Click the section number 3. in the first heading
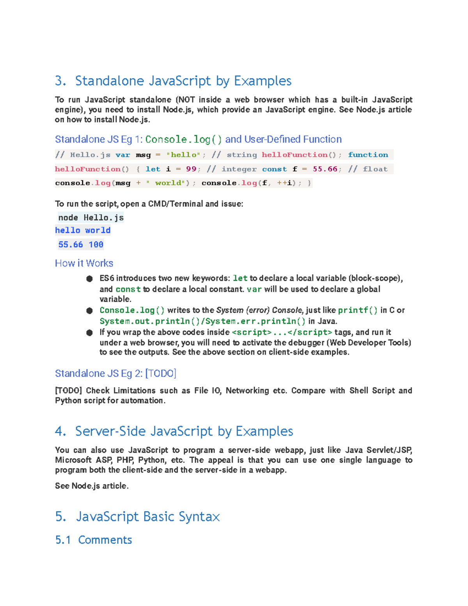[x=60, y=81]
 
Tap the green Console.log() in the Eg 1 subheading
[x=183, y=139]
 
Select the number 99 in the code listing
[x=191, y=169]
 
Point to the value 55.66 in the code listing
[x=325, y=169]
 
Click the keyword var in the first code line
[x=123, y=155]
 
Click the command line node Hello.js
[x=91, y=218]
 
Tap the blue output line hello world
[x=83, y=231]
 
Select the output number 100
[x=96, y=245]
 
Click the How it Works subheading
[x=84, y=263]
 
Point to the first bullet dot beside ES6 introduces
[x=89, y=279]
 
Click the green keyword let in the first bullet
[x=240, y=278]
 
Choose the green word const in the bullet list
[x=128, y=289]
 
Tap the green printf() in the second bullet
[x=357, y=310]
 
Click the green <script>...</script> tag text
[x=282, y=332]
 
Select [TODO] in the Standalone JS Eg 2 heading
[x=161, y=373]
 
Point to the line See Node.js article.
[x=92, y=486]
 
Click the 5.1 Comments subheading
[x=94, y=540]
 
